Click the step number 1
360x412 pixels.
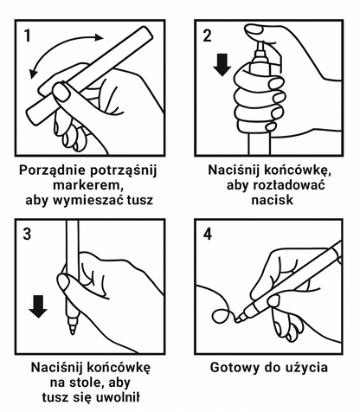(x=29, y=35)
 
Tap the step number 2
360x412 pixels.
(x=207, y=35)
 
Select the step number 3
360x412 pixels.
(x=29, y=234)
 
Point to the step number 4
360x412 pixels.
(x=207, y=234)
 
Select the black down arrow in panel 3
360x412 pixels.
(x=37, y=306)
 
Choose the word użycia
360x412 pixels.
(x=304, y=367)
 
